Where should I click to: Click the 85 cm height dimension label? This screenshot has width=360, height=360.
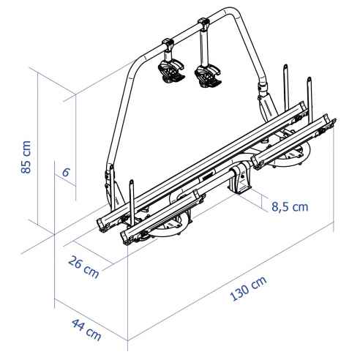click(x=27, y=158)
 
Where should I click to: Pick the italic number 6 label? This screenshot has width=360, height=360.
click(x=65, y=173)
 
